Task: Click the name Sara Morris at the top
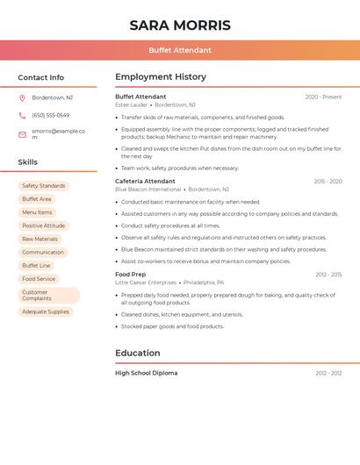coord(180,25)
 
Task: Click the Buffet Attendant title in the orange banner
coord(180,50)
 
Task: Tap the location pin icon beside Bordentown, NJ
coord(22,97)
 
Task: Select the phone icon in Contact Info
coord(22,115)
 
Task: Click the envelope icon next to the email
coord(22,134)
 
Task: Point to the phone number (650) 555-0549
coord(51,115)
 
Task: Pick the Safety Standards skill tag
coord(43,186)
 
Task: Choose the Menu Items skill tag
coord(37,212)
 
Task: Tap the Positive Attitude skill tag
coord(44,225)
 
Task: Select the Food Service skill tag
coord(39,279)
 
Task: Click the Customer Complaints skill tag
coord(48,296)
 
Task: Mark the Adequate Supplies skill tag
coord(46,311)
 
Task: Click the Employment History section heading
coord(161,77)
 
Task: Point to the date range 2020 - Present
coord(323,97)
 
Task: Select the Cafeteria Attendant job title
coord(145,181)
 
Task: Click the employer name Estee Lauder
coord(132,104)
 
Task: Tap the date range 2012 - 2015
coord(328,275)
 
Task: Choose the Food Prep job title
coord(131,275)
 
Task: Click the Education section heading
coord(138,353)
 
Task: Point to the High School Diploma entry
coord(146,373)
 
